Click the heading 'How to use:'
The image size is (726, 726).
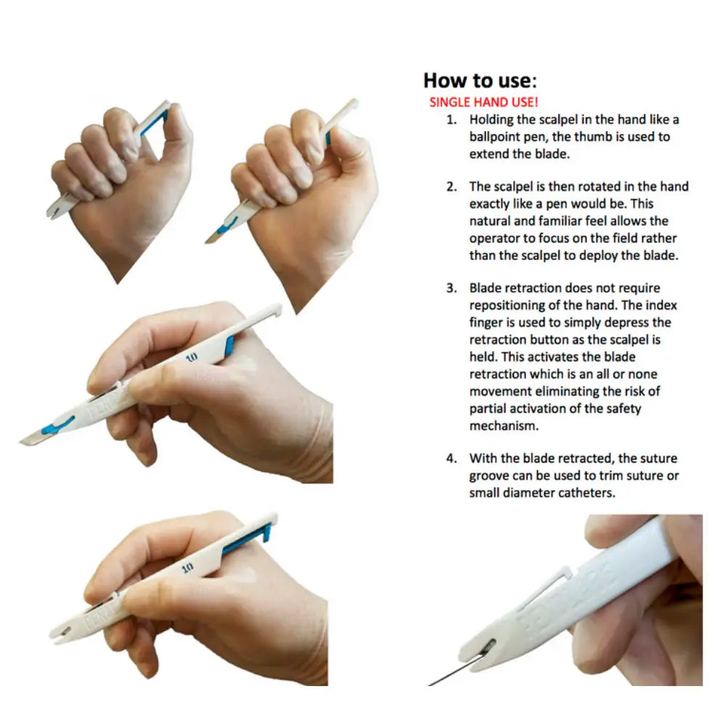click(x=480, y=80)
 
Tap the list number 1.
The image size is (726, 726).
click(x=451, y=120)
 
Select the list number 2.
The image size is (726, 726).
click(x=451, y=187)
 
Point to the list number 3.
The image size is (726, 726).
click(x=451, y=288)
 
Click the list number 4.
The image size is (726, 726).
click(x=451, y=458)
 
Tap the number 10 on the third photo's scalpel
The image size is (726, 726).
click(x=192, y=357)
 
